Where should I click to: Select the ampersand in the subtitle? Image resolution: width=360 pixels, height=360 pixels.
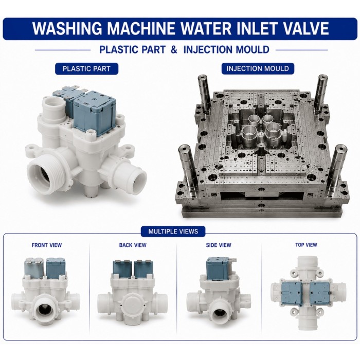point(174,49)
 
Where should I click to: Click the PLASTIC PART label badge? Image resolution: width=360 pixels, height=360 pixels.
point(86,68)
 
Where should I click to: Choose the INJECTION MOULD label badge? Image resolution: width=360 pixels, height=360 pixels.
point(258,68)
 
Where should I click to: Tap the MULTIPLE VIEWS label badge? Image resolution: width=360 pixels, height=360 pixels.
point(173,231)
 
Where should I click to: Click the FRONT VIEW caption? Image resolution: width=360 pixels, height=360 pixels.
point(47,245)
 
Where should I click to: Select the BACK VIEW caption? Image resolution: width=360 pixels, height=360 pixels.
point(133,245)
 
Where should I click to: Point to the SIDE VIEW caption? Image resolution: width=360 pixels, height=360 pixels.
point(219,245)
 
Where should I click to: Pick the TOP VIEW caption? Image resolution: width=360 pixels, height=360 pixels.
point(306,245)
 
